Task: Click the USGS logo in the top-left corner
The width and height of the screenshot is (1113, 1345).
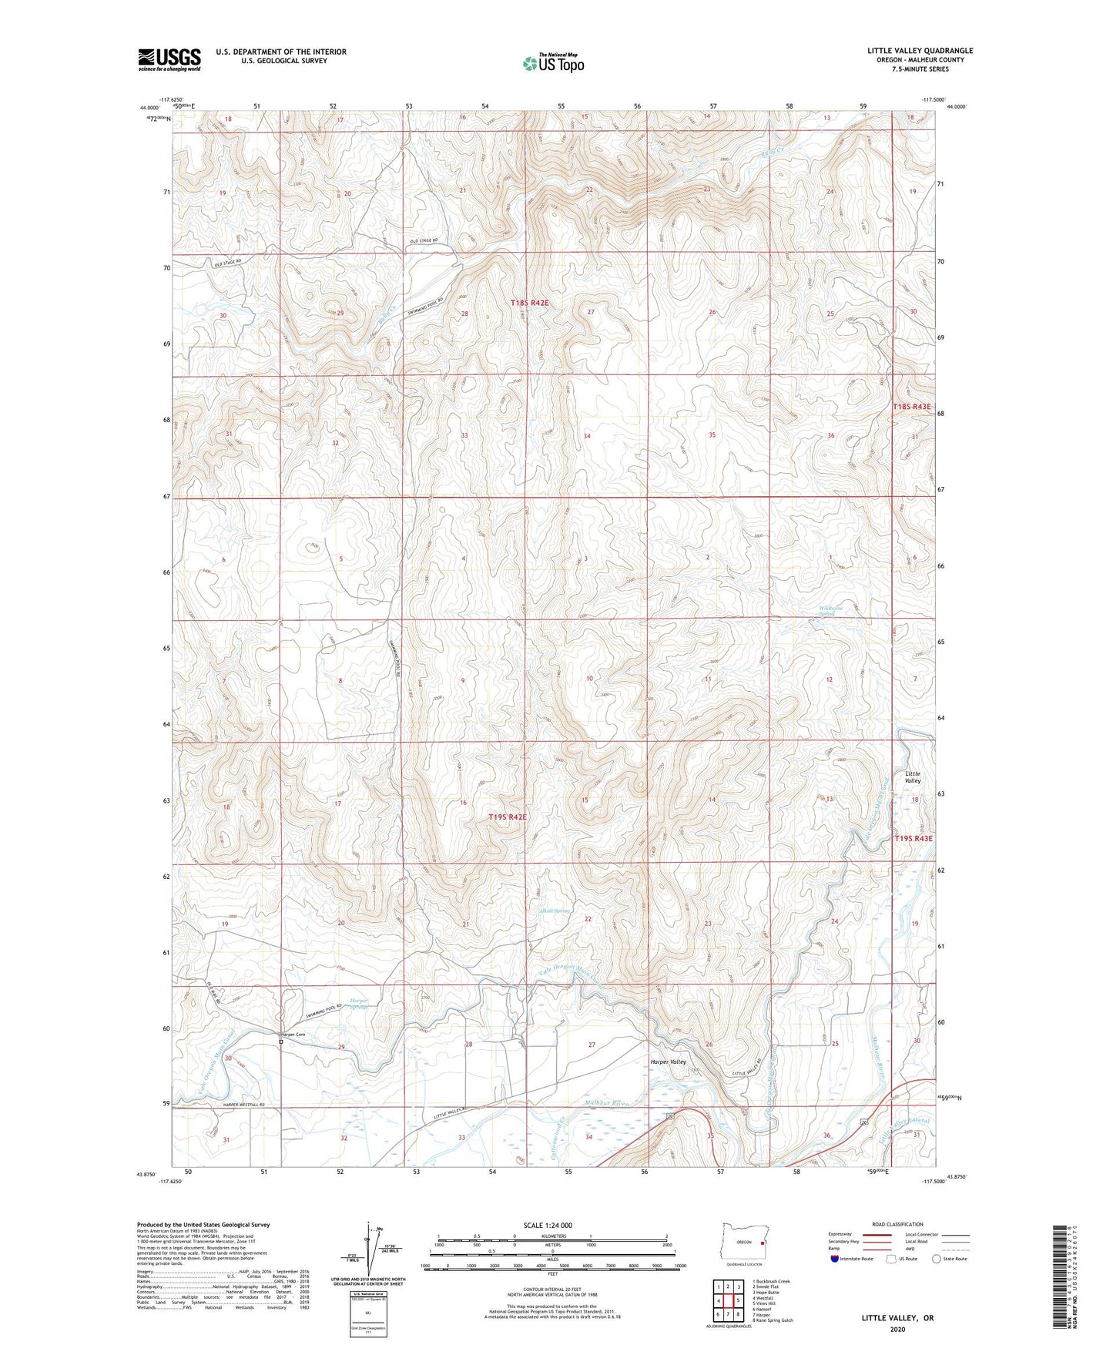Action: point(169,59)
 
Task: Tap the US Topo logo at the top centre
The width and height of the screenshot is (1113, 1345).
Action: point(552,64)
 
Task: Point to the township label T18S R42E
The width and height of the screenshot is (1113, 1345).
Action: point(530,304)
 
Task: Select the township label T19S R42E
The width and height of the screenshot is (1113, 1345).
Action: point(508,817)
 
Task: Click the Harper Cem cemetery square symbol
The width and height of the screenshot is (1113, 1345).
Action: point(281,1041)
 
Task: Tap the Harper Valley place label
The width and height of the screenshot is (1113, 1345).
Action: point(668,1062)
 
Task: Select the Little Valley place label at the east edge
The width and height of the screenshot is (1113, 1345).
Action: point(912,777)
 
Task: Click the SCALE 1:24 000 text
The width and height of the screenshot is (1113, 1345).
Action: point(548,1225)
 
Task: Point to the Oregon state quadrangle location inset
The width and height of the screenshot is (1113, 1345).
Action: point(744,1244)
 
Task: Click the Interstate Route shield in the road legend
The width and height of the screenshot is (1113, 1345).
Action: point(835,1259)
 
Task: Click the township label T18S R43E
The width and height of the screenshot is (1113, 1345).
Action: point(912,407)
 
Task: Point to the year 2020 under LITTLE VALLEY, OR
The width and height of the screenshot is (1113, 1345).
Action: point(897,1329)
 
